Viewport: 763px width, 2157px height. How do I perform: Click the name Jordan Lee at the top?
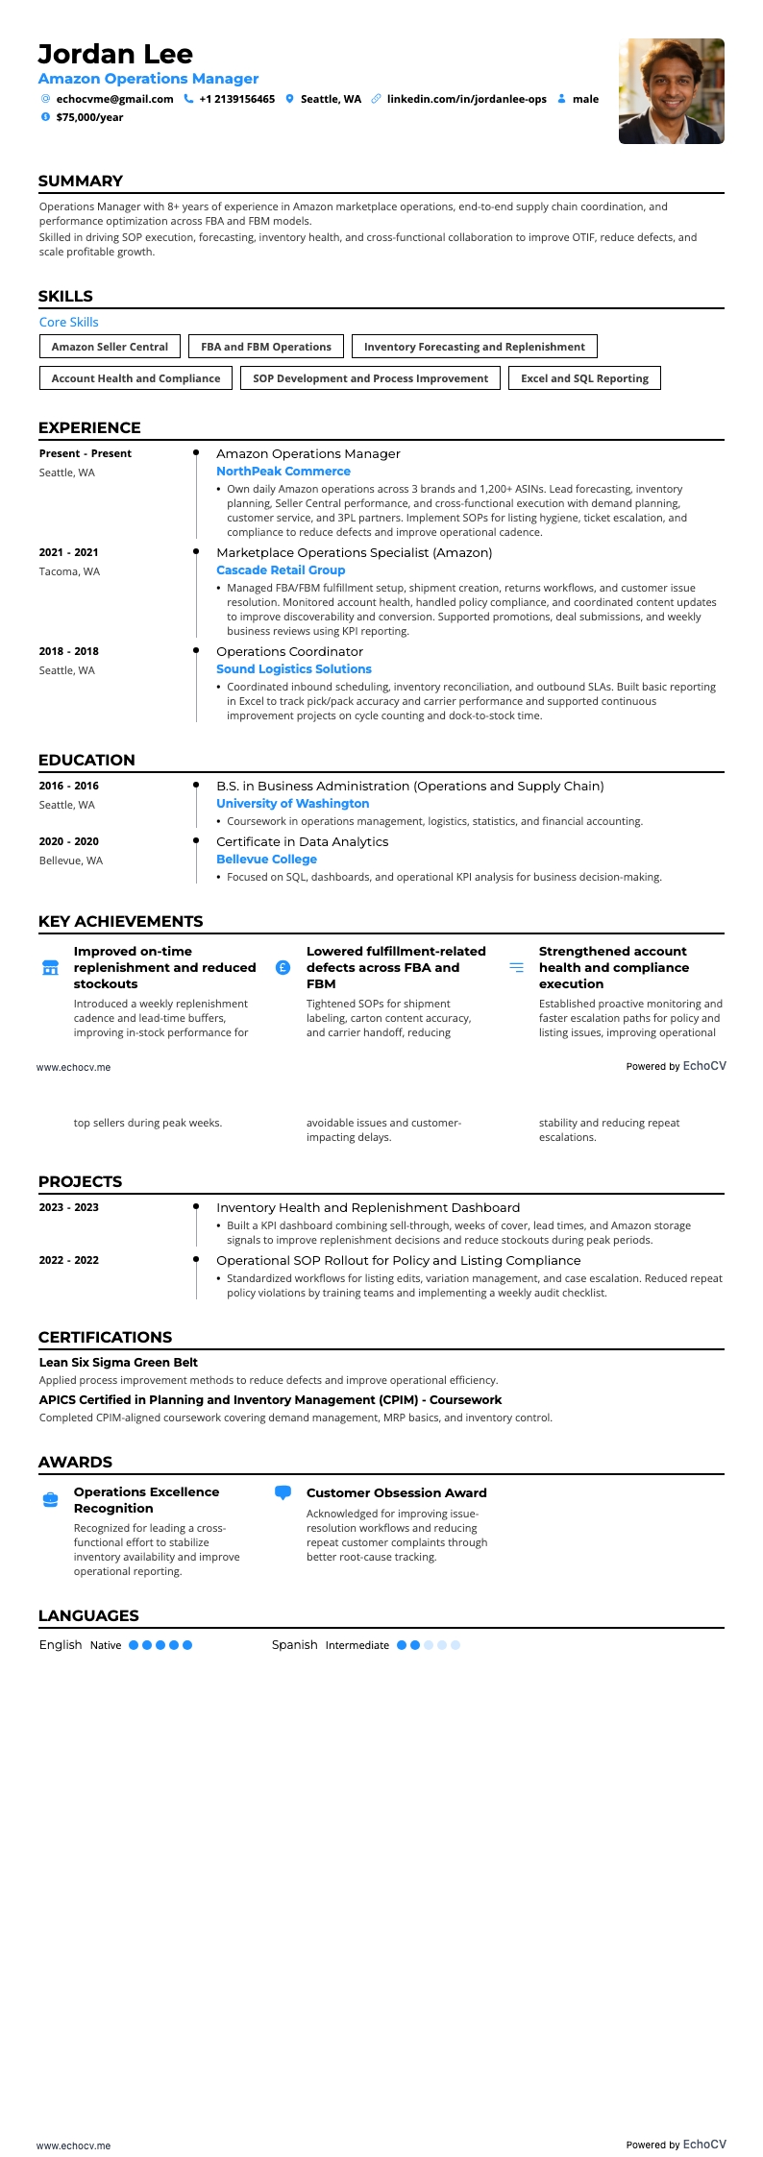point(115,54)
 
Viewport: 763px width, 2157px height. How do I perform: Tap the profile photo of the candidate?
point(671,91)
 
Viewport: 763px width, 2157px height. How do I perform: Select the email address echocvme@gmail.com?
point(114,99)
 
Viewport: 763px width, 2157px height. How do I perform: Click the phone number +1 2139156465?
point(236,99)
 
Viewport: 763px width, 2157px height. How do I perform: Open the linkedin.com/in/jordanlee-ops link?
point(466,99)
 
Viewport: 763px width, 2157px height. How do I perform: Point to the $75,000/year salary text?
point(89,117)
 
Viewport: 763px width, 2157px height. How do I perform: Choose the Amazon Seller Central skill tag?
point(110,347)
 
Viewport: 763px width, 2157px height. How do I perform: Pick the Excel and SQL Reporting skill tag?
point(584,378)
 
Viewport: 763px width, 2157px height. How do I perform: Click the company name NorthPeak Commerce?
point(283,472)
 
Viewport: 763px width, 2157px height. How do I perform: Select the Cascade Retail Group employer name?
point(281,570)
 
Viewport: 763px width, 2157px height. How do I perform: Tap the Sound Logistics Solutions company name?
point(294,669)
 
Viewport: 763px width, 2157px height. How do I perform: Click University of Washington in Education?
point(292,804)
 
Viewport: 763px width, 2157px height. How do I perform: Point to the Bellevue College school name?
point(266,860)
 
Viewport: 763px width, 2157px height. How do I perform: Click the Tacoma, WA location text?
point(69,571)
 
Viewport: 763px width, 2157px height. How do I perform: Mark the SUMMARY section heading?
point(81,182)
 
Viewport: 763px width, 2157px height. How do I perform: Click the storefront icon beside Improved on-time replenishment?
point(51,968)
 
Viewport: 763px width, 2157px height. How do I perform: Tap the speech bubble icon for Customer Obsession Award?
point(283,1493)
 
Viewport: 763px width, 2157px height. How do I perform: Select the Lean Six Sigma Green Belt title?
point(118,1362)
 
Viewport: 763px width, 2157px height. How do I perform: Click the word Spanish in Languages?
point(294,1645)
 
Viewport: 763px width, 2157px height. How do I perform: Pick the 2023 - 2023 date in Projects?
point(68,1207)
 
